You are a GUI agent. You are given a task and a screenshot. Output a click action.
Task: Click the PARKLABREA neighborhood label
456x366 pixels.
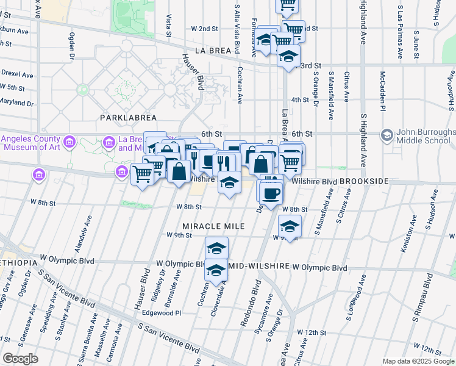(129, 117)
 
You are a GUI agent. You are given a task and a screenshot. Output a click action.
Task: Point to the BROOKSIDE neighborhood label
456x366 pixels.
(364, 182)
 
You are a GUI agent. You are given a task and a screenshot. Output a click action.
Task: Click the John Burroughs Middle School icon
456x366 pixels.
(387, 134)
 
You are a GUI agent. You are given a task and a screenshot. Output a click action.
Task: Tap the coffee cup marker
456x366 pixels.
(271, 194)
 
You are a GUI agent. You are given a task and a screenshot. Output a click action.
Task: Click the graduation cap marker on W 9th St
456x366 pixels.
(290, 226)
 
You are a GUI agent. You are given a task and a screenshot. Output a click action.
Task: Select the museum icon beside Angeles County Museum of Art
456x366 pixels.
(70, 143)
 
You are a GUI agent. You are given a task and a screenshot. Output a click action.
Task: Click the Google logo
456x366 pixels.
(20, 359)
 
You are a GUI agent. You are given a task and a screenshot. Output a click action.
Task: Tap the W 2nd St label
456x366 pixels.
(204, 29)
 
